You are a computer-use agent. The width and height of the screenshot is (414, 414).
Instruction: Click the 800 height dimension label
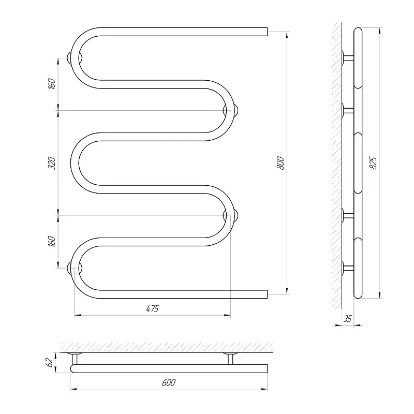click(x=281, y=163)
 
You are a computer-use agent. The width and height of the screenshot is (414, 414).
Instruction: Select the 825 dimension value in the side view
click(x=373, y=163)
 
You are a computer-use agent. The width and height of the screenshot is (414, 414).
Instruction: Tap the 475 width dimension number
click(x=153, y=308)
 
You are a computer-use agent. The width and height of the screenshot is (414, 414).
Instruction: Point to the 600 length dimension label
click(x=169, y=382)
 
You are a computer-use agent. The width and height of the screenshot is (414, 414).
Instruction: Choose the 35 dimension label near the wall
click(x=348, y=319)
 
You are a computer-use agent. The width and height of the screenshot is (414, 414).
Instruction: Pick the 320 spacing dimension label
click(x=52, y=163)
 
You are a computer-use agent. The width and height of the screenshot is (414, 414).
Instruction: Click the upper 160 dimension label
click(x=52, y=84)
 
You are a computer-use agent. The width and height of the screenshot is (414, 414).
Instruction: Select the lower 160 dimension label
click(x=52, y=241)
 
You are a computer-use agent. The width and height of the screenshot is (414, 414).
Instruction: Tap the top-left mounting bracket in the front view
click(x=75, y=58)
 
